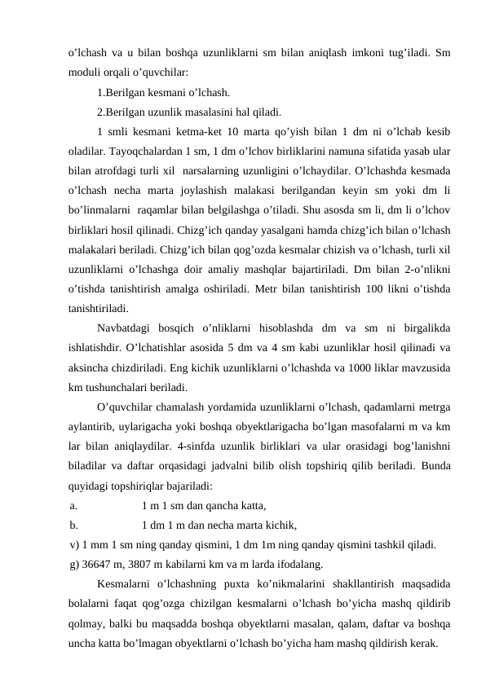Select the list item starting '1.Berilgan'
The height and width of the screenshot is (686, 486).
click(x=162, y=92)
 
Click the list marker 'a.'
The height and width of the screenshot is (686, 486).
click(x=74, y=506)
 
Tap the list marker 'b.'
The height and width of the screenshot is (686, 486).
click(x=74, y=525)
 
